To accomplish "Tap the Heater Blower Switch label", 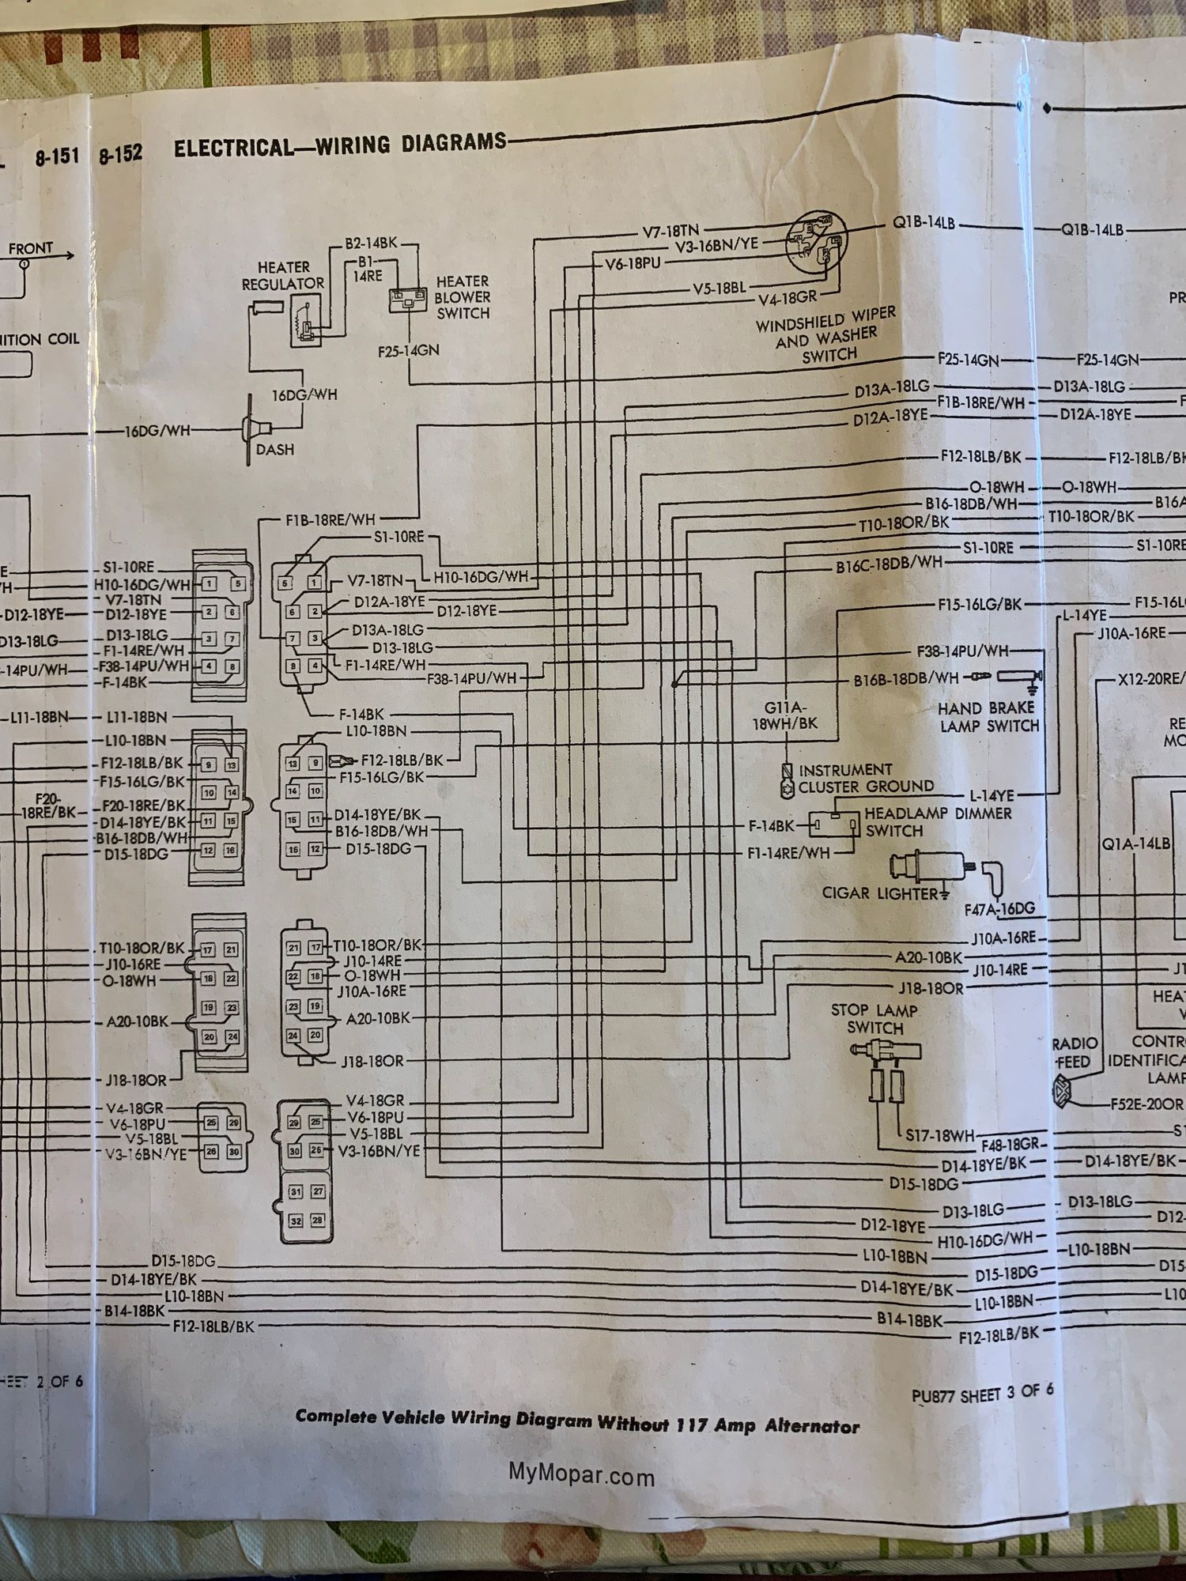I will pyautogui.click(x=463, y=297).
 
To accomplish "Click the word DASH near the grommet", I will pyautogui.click(x=274, y=450).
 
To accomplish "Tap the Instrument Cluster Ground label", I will pyautogui.click(x=865, y=779).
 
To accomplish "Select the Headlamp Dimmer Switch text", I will pyautogui.click(x=937, y=822).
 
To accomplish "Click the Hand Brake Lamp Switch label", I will pyautogui.click(x=988, y=717).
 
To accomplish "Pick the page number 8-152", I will pyautogui.click(x=120, y=154).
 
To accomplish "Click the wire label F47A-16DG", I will pyautogui.click(x=999, y=909).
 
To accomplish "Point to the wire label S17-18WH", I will pyautogui.click(x=940, y=1136).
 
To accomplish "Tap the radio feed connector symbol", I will pyautogui.click(x=1061, y=1092).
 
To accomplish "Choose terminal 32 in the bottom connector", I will pyautogui.click(x=295, y=1221).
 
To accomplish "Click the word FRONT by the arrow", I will pyautogui.click(x=31, y=248).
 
